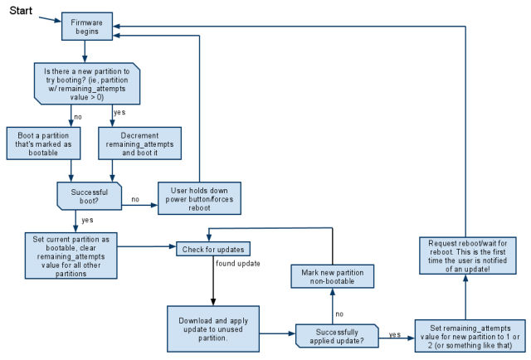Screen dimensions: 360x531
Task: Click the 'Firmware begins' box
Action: click(87, 26)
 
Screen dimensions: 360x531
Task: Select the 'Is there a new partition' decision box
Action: click(86, 83)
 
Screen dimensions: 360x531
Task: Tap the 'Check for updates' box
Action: click(212, 248)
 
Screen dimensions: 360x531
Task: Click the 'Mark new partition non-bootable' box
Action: click(332, 276)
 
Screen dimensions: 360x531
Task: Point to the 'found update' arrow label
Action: click(239, 263)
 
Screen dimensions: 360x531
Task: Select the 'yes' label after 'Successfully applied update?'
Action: click(395, 335)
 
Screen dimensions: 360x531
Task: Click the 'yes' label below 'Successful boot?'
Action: click(87, 220)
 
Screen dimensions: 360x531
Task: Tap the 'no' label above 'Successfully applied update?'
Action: click(339, 314)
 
